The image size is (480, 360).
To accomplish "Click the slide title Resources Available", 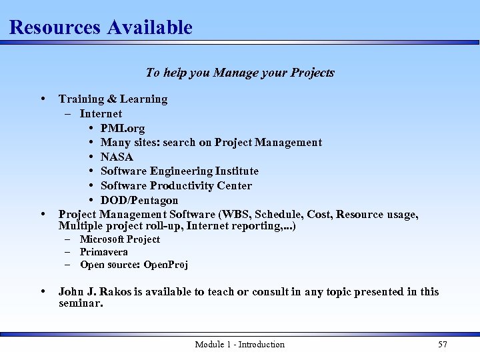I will (101, 27).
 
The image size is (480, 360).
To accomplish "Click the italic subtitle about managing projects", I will (240, 73).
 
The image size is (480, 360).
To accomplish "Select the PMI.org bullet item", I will (123, 128).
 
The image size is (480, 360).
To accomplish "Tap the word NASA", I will (117, 157).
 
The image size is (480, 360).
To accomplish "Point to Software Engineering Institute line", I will (179, 171).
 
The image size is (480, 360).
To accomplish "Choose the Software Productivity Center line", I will (176, 185).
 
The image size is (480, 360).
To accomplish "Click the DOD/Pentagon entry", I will (139, 200).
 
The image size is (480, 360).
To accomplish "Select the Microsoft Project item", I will (120, 239).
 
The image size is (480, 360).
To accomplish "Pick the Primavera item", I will (104, 252).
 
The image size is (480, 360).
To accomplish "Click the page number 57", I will (442, 344).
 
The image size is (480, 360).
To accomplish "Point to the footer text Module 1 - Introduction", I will (239, 344).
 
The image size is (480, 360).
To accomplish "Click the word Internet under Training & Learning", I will (101, 113).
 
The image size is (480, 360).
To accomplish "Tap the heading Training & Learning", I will (113, 99).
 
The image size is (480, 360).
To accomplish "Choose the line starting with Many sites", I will (211, 142).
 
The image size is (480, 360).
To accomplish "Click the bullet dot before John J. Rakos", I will (43, 291).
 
